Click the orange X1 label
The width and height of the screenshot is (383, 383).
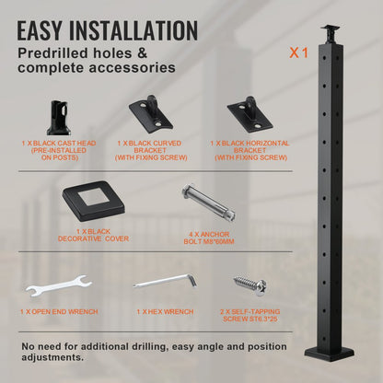click(297, 52)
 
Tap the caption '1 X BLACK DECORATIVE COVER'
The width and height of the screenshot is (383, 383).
click(92, 236)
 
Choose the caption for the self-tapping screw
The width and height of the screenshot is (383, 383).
click(248, 316)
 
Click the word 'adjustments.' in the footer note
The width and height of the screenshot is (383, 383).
click(56, 356)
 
